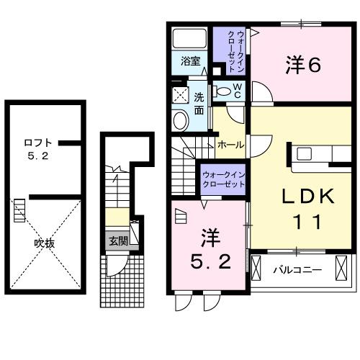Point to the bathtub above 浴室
tap(191, 37)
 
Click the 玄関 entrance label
tap(117, 241)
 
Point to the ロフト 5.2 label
tap(37, 148)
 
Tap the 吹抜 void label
tap(45, 243)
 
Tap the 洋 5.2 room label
tap(208, 248)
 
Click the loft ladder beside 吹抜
tap(20, 212)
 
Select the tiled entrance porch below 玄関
tap(118, 270)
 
